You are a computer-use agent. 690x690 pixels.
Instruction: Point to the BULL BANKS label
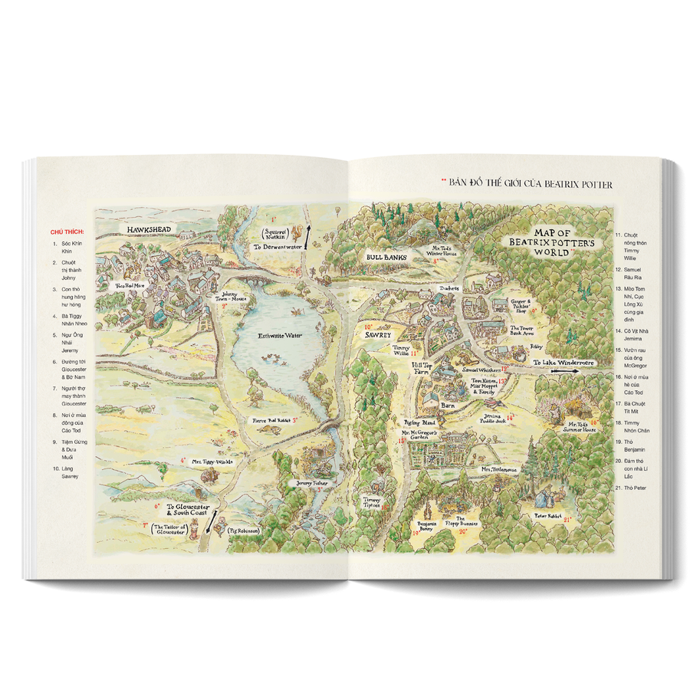coord(386,258)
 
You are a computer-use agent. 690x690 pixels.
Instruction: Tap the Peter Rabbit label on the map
coord(548,517)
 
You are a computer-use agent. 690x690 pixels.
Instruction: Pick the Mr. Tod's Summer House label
coord(582,426)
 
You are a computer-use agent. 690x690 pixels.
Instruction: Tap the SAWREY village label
coord(379,335)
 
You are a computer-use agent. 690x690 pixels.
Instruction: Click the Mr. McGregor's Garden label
coord(420,435)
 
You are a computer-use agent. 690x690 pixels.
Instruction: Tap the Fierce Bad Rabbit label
coord(271,420)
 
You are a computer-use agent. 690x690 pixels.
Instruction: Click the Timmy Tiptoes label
coord(372,501)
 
